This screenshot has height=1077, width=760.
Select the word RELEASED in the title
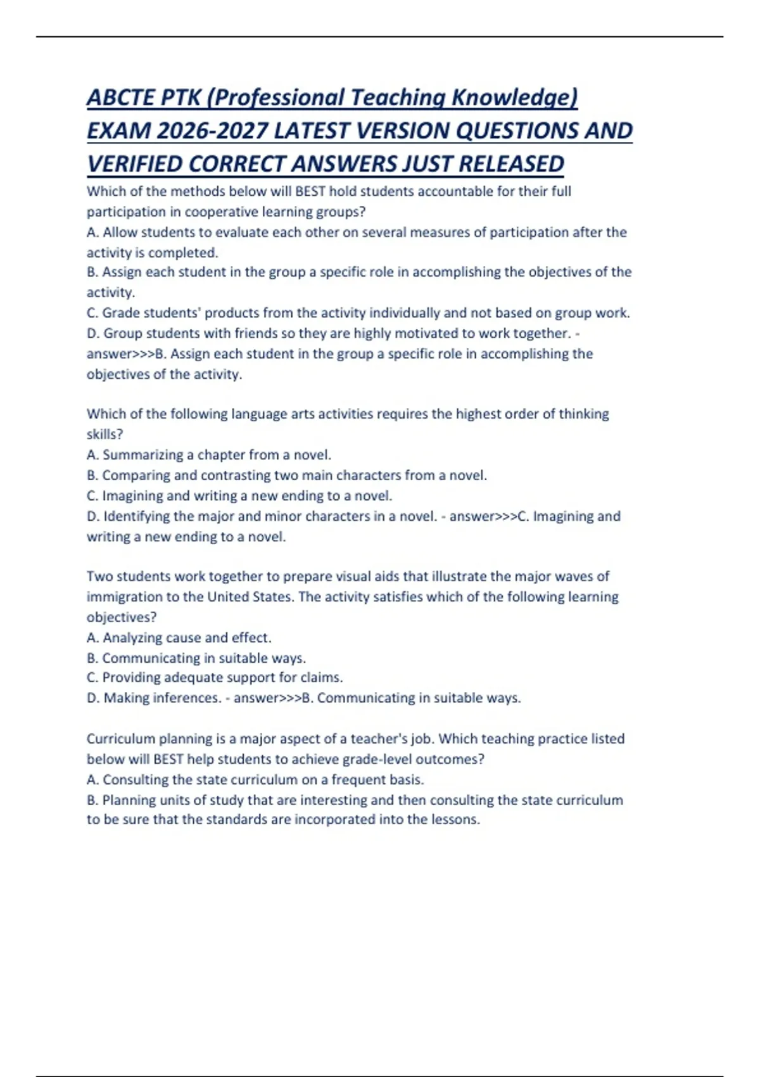tap(510, 164)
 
